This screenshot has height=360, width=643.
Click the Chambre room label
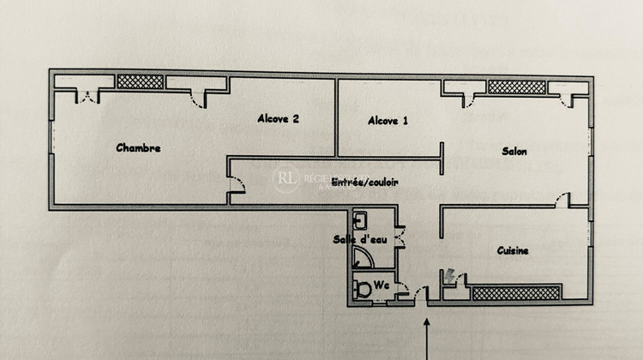(138, 148)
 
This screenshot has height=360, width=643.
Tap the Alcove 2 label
(278, 119)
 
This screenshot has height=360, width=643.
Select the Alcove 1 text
(388, 121)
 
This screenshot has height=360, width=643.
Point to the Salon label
(514, 151)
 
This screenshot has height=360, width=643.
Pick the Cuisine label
(513, 250)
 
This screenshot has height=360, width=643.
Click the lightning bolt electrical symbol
(450, 276)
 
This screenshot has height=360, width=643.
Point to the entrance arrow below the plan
(427, 339)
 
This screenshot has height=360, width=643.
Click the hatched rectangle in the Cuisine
(517, 292)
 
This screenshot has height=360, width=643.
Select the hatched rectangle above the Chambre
(140, 82)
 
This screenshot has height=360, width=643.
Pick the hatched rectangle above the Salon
(516, 87)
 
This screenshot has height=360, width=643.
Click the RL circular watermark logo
(285, 179)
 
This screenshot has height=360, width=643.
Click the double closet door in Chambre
(87, 95)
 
